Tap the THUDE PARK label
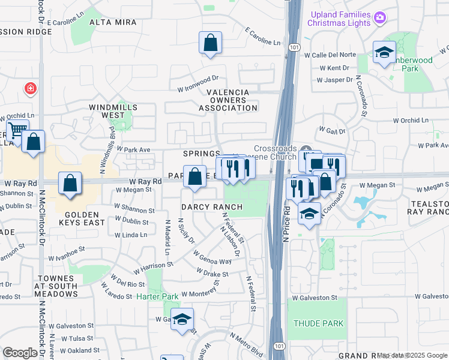click(x=318, y=323)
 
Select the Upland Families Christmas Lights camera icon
click(x=379, y=17)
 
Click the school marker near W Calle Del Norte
click(x=384, y=53)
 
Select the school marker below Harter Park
click(x=182, y=320)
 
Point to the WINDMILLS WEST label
click(x=112, y=111)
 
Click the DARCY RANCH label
click(x=212, y=207)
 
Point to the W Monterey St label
click(x=202, y=293)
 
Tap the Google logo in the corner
click(x=20, y=353)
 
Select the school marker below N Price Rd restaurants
click(x=309, y=214)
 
